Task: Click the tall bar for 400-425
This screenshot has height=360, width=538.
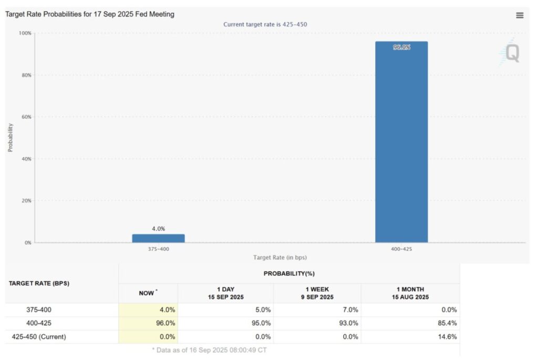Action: coord(401,142)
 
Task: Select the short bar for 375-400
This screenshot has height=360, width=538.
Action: coord(158,238)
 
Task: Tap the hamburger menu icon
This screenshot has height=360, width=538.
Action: coord(520,15)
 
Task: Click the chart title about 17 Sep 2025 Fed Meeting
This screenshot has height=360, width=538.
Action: coord(90,14)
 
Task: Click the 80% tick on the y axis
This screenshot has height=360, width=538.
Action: coord(26,75)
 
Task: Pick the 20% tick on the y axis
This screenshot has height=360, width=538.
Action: coord(26,201)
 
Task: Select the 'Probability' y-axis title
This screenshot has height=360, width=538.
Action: coord(10,138)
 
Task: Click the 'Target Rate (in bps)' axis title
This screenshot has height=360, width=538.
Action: coord(280,258)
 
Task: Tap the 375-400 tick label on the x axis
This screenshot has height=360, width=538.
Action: coord(158,249)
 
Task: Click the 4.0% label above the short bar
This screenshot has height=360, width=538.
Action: coord(158,229)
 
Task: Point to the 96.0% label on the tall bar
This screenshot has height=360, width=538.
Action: coord(401,47)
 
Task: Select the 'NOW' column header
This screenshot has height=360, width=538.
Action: coord(147,293)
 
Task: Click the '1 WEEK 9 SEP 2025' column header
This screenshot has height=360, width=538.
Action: coord(317,293)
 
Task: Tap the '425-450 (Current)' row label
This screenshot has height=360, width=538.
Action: coord(39,337)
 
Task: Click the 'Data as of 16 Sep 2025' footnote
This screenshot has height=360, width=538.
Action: coord(209,350)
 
